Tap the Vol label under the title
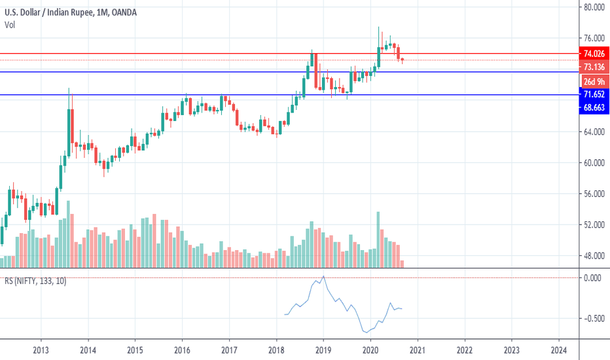click(x=10, y=25)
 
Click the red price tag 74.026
click(x=594, y=54)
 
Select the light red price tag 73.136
click(x=594, y=67)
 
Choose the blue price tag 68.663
click(x=594, y=108)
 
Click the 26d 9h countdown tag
click(x=594, y=82)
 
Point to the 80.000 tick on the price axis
click(x=593, y=8)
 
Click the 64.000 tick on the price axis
click(x=593, y=132)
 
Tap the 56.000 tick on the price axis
click(x=593, y=194)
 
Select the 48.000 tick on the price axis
click(x=593, y=256)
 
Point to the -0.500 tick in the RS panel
click(x=592, y=319)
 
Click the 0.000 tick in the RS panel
click(x=593, y=278)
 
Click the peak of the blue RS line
click(x=323, y=277)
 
